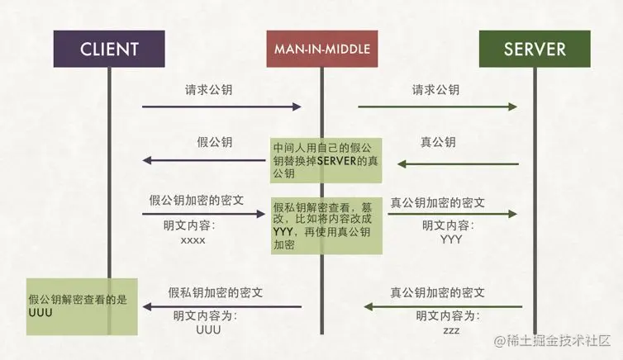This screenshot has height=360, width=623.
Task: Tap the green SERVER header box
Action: [x=535, y=49]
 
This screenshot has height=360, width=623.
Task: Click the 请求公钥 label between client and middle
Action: [x=208, y=89]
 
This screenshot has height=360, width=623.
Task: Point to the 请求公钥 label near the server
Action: [x=435, y=89]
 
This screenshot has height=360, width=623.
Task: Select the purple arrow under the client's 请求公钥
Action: [x=221, y=107]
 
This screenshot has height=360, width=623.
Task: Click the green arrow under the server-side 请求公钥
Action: [x=438, y=107]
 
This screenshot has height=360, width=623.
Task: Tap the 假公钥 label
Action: [x=213, y=142]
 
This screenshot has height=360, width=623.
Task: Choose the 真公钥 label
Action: [x=438, y=142]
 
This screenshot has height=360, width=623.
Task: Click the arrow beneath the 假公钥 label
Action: [x=208, y=161]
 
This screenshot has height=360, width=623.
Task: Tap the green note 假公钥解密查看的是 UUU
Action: [x=78, y=306]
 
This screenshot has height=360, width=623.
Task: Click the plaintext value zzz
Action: [x=450, y=330]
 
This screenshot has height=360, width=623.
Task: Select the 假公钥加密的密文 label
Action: [x=197, y=201]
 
